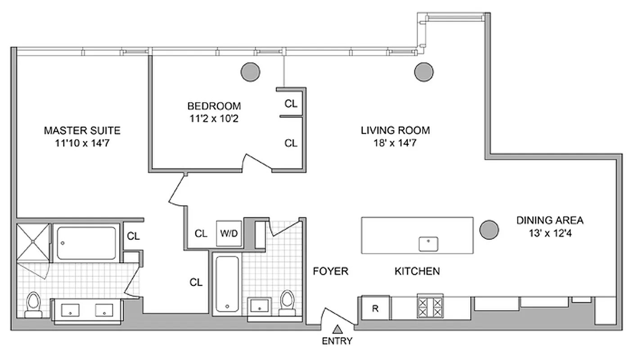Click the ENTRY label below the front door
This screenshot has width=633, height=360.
tap(337, 341)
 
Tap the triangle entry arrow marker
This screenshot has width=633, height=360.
tap(337, 329)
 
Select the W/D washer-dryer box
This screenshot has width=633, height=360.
tap(229, 234)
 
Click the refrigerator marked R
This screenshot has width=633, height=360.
tap(375, 309)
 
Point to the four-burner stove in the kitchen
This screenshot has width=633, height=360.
tap(430, 307)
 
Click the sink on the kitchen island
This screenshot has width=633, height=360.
tap(429, 244)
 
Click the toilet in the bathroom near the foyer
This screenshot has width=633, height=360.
tap(287, 301)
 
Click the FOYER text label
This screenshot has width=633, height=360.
tap(331, 271)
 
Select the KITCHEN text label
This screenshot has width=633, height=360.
tap(417, 271)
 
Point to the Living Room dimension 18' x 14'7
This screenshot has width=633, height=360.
tap(395, 144)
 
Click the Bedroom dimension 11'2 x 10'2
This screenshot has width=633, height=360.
tap(214, 119)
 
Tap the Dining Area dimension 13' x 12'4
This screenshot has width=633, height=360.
tap(549, 234)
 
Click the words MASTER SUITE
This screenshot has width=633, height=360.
tap(82, 130)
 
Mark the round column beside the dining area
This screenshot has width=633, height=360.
tap(489, 229)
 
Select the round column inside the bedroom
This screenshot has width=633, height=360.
tap(250, 71)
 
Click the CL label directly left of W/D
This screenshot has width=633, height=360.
tap(201, 234)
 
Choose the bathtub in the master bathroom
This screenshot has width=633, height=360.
tap(86, 243)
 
